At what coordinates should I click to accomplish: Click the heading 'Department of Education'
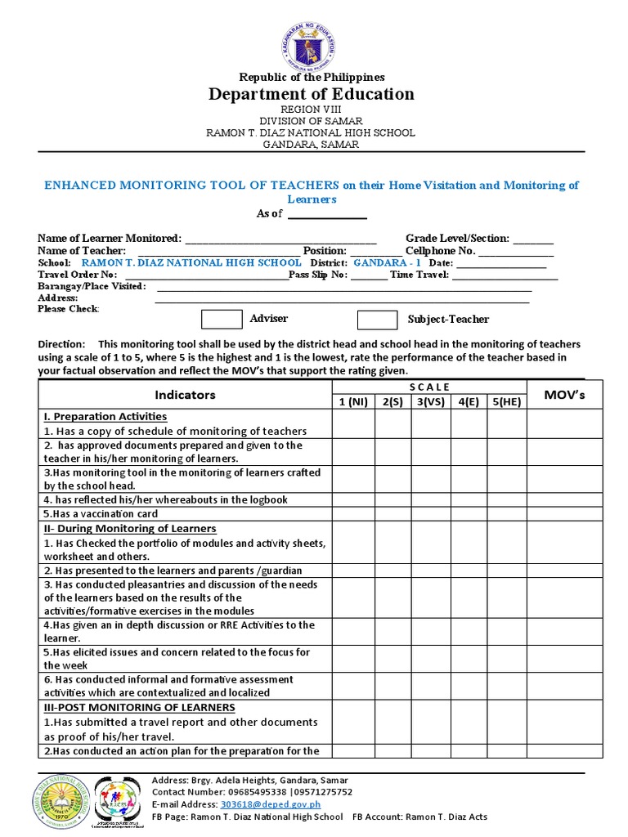coord(312,94)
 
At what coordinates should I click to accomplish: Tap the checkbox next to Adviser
coord(222,319)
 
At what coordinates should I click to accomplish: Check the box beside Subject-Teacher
coord(377,320)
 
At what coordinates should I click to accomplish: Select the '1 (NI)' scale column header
coord(352,401)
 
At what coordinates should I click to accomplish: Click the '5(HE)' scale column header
coord(506,401)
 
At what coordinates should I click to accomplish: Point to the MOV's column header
coord(564,395)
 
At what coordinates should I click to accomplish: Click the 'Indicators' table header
coord(185,395)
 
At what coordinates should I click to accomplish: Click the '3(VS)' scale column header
coord(429,401)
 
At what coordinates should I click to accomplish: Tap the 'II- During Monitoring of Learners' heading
coord(130,529)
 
